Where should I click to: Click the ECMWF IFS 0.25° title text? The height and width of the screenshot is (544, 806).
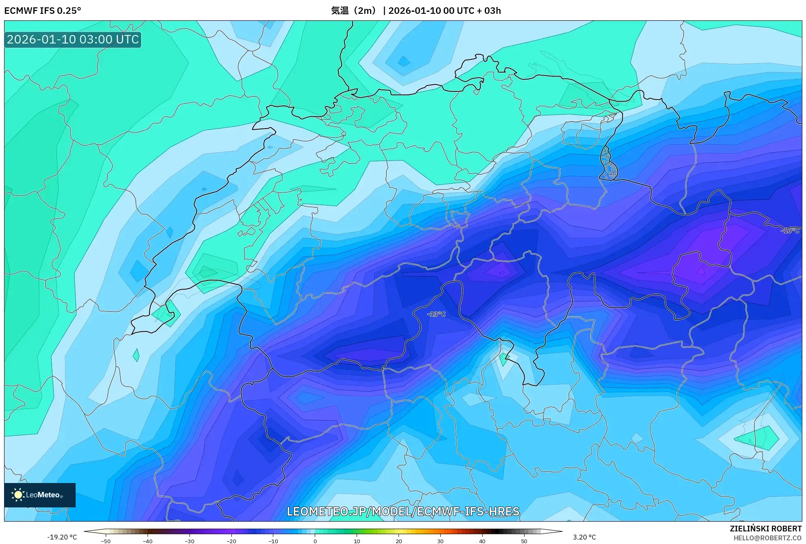42,11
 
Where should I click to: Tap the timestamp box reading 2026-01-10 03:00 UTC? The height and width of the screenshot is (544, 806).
73,40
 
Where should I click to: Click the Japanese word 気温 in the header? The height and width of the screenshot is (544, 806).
340,11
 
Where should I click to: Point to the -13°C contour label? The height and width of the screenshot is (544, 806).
436,314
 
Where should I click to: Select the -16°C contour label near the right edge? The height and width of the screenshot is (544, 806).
790,231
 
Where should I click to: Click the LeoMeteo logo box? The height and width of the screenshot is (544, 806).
40,495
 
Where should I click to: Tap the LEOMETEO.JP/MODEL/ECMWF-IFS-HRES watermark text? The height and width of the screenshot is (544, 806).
403,511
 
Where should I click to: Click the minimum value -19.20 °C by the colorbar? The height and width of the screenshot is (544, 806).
62,537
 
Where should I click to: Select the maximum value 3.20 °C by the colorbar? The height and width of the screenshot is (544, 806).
584,537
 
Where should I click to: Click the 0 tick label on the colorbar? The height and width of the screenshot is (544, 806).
315,541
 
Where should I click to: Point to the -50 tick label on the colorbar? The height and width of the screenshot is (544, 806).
106,541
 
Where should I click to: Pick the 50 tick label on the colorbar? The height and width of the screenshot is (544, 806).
524,541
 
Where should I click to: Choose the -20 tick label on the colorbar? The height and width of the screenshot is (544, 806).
231,541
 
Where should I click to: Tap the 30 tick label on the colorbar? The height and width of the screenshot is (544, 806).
440,541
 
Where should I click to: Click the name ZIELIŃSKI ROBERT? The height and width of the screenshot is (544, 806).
765,529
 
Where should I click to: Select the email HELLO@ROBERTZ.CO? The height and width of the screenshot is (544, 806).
767,538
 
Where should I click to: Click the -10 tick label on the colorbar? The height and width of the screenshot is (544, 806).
273,541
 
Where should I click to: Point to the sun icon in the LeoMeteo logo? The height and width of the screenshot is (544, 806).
18,495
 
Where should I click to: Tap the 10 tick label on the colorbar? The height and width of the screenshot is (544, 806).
357,541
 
